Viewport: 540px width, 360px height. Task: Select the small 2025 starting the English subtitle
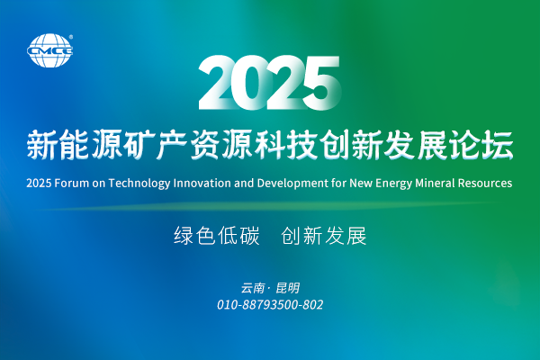point(41,183)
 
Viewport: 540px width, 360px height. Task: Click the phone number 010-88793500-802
point(270,305)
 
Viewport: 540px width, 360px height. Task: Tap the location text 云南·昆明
point(270,288)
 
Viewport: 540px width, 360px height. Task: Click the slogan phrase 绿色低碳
point(216,237)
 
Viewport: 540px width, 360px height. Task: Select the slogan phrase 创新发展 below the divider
point(324,237)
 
